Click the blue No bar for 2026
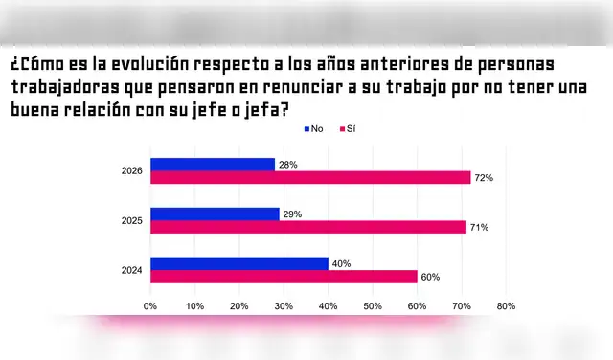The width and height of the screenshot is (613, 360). point(213,165)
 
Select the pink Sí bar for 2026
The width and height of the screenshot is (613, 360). point(310,177)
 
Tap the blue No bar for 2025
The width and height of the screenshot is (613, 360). point(215,214)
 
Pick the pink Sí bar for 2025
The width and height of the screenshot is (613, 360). point(308,227)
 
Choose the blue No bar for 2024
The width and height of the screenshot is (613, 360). point(239,263)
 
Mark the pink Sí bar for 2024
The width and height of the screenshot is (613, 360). point(284,276)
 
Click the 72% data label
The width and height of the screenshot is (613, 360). point(484,177)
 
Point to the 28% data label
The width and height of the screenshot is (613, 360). point(287,165)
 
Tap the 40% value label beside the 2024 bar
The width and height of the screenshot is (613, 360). point(341,263)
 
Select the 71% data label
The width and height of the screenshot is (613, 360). point(480,227)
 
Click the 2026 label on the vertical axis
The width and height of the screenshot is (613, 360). point(131,171)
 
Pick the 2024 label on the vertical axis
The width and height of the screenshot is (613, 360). point(131,270)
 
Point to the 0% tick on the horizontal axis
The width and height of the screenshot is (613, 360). point(150,306)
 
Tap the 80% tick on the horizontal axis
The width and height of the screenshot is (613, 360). point(506,306)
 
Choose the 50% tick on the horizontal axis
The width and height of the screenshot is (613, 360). point(373,306)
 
